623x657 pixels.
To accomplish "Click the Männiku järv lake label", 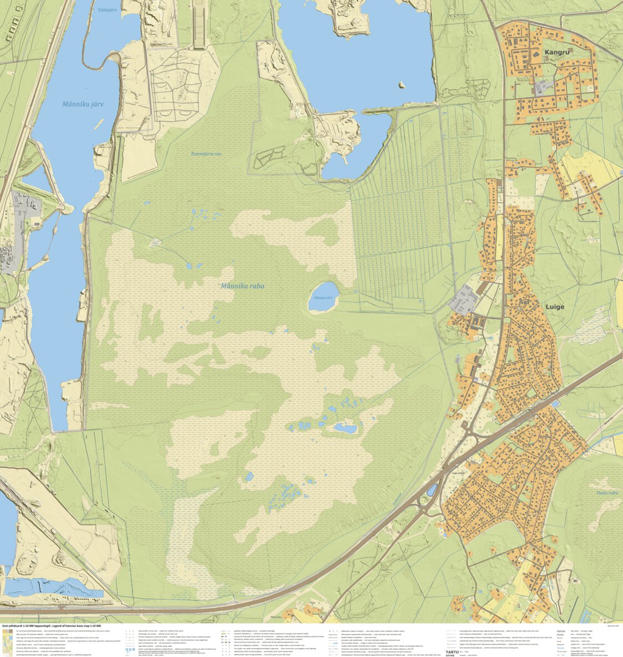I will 83,104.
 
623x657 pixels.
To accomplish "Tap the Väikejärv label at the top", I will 108,10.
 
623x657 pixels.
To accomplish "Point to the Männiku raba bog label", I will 242,286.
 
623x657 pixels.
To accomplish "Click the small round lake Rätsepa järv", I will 323,296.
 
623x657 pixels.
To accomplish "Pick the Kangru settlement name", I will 557,52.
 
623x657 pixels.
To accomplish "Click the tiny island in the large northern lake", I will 401,85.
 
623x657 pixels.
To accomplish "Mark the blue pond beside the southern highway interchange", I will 432,489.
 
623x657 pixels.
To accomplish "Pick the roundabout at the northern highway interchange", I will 471,434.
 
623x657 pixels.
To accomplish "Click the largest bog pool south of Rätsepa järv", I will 345,428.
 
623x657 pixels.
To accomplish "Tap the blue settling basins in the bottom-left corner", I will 53,587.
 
